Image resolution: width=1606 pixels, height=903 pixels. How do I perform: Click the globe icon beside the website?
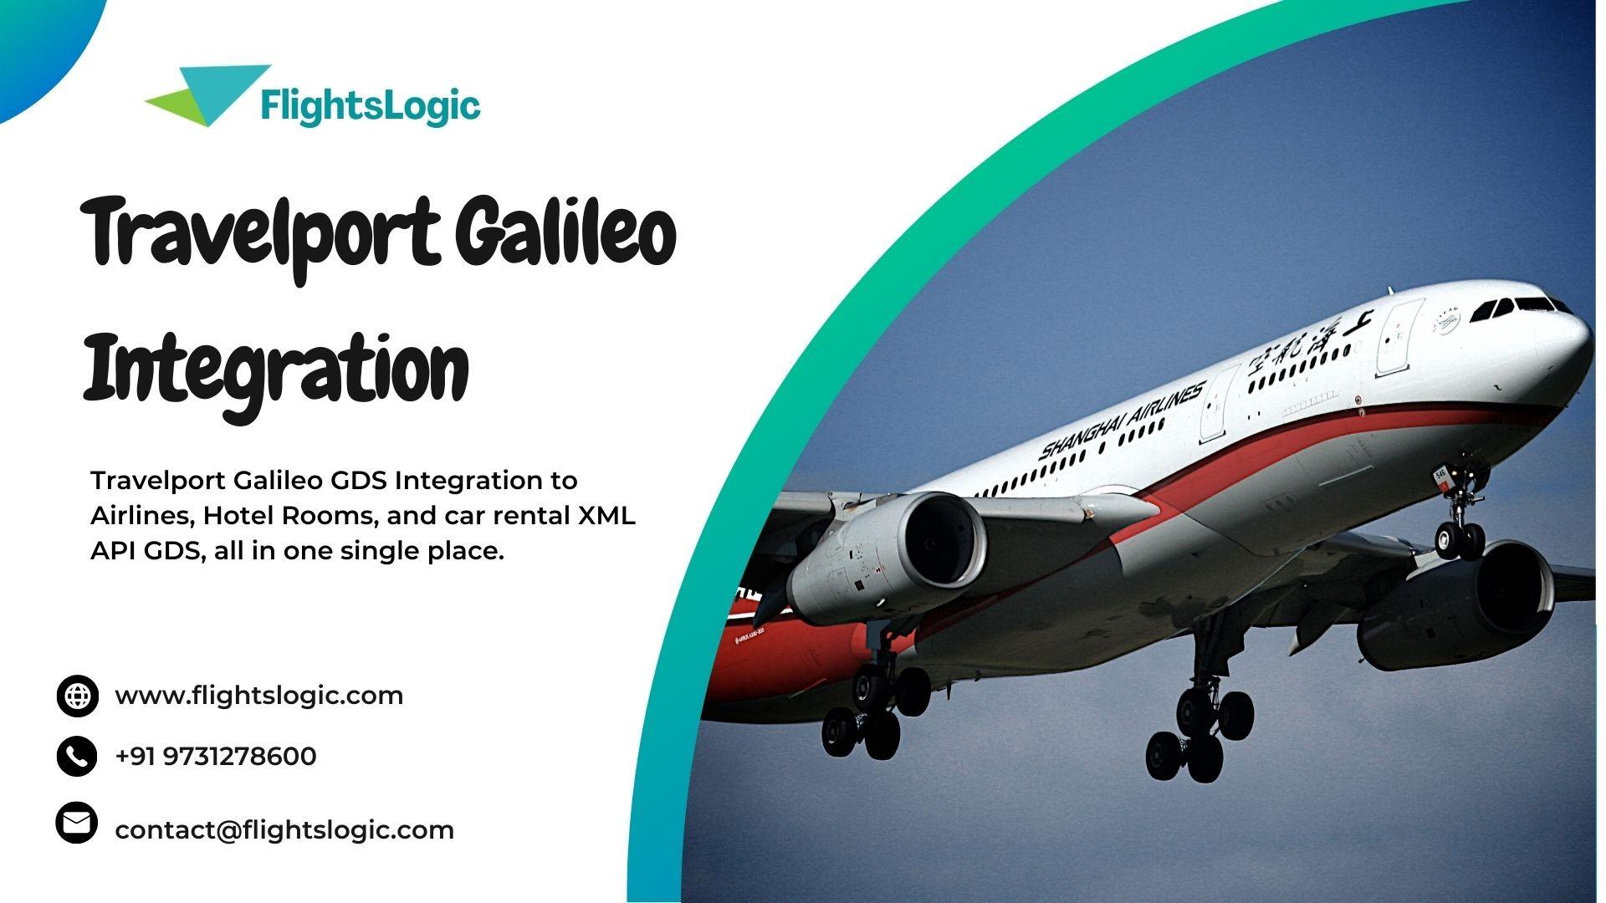[x=77, y=696]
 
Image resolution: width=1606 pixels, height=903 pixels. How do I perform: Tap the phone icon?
[x=77, y=757]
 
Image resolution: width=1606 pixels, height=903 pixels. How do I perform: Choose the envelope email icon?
[x=77, y=824]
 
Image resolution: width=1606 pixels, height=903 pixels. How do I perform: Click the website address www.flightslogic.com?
[x=258, y=696]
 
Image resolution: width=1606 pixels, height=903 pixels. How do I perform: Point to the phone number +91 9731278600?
[x=216, y=757]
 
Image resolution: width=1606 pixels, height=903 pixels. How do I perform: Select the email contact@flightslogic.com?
[x=284, y=830]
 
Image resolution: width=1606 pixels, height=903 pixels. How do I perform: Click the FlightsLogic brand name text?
[x=371, y=106]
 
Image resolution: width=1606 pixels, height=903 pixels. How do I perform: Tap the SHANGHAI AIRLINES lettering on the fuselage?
[x=1121, y=420]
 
